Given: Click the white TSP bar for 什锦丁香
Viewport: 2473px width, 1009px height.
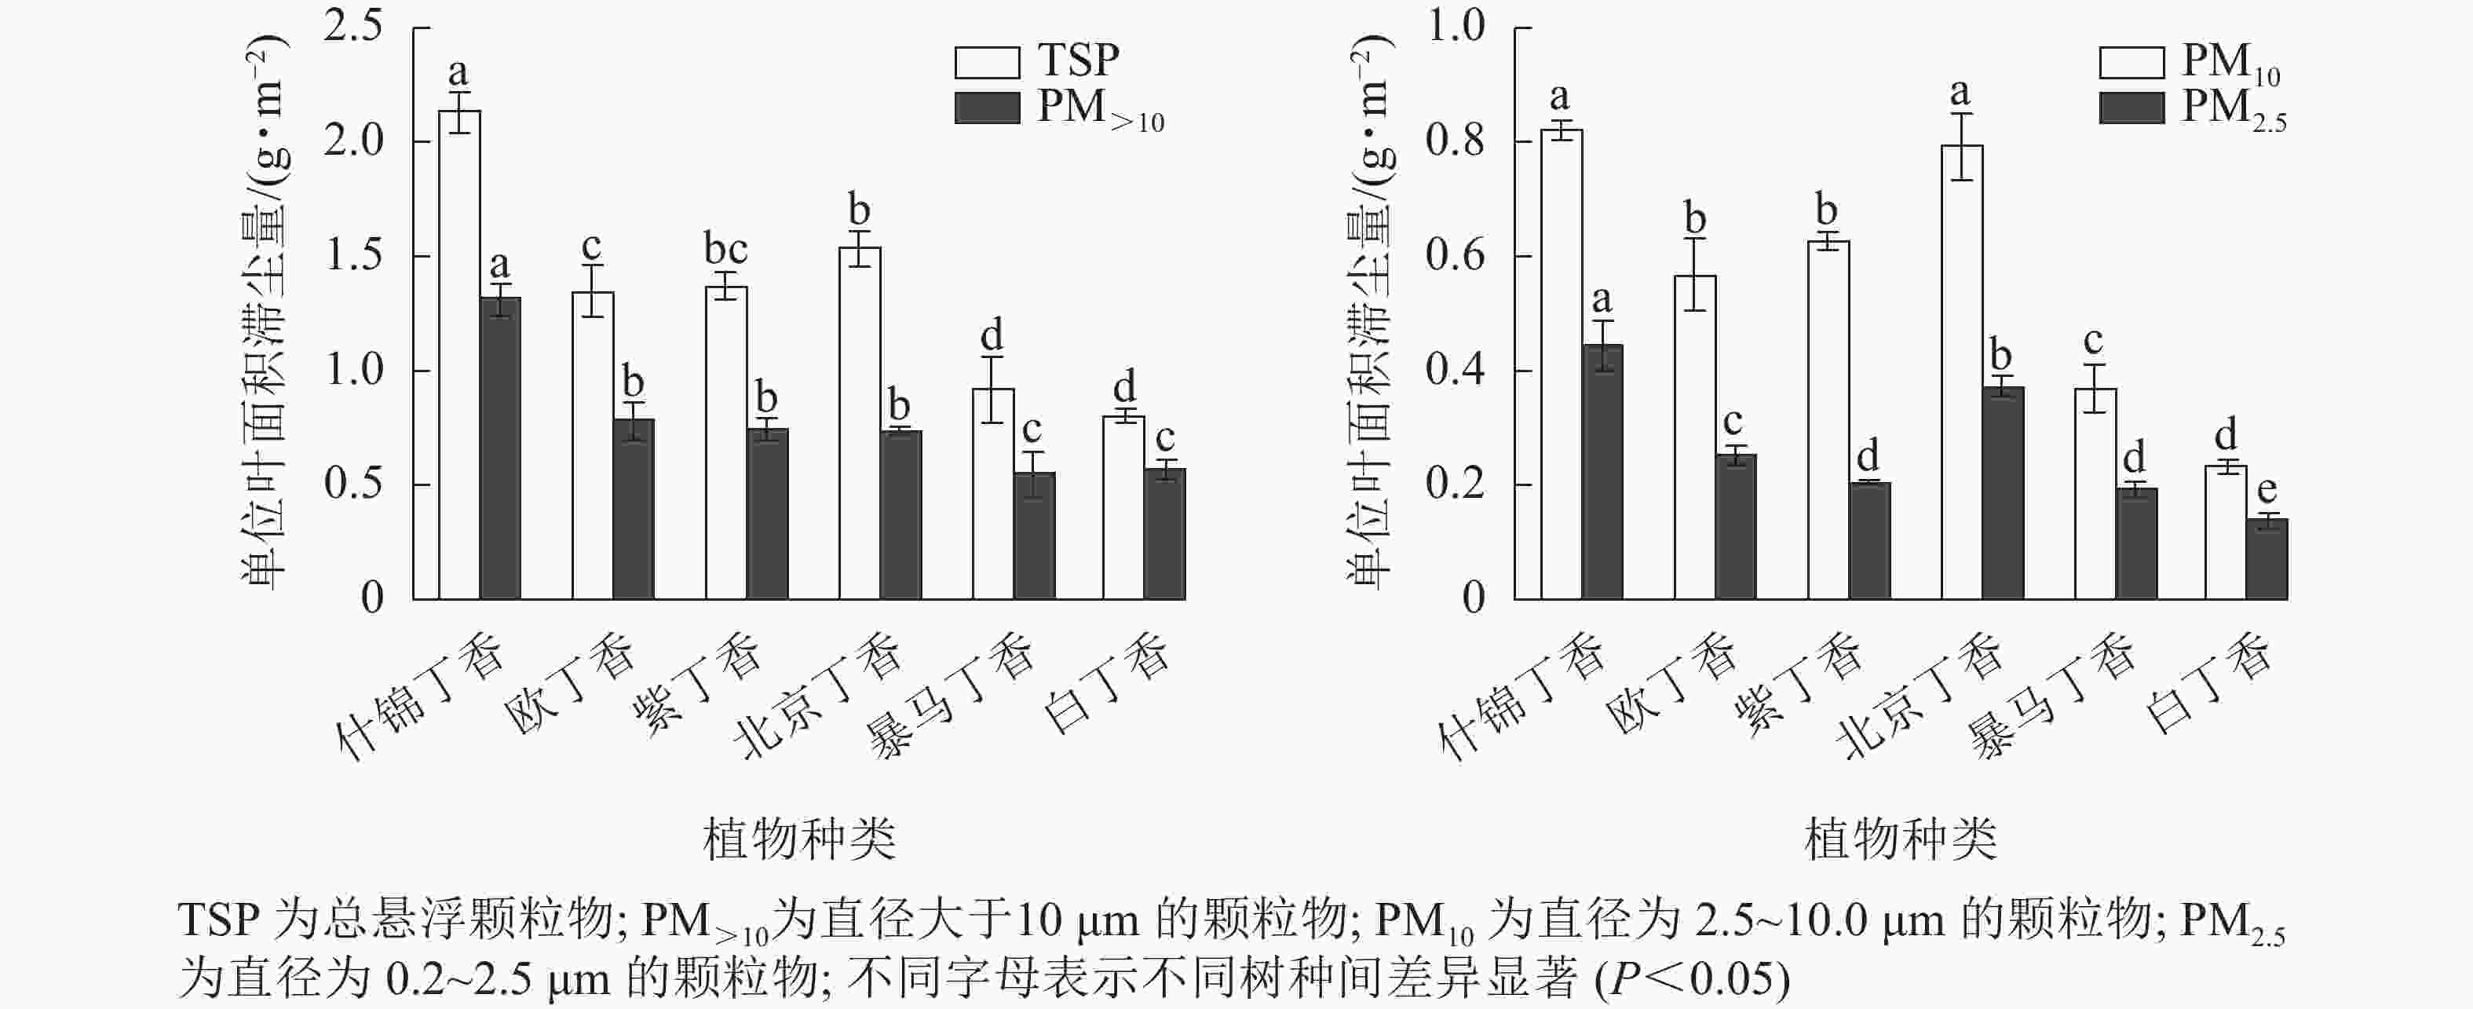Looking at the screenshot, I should pos(460,355).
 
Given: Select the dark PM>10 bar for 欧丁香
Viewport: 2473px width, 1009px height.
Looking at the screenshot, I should pos(634,509).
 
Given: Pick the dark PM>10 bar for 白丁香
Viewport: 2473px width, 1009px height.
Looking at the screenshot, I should pos(1164,534).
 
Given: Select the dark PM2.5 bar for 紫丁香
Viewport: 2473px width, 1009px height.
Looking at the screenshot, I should pos(1869,540).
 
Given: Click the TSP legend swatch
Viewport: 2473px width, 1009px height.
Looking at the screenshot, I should pos(987,62).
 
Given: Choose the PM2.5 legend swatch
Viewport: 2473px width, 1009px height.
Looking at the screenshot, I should pos(2131,108).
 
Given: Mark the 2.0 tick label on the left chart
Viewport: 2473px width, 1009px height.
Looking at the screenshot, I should pos(353,141).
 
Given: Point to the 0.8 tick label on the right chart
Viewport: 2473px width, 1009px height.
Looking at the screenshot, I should pos(1455,141).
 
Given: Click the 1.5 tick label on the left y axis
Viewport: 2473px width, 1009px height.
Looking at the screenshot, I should pos(353,255).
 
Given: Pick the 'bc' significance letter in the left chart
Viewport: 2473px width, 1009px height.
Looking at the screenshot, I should pos(725,250).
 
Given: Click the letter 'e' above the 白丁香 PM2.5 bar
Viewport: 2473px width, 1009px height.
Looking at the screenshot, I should pos(2267,491).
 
